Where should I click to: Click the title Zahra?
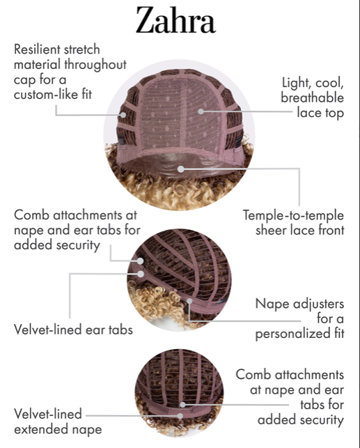(175, 20)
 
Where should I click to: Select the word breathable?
(313, 98)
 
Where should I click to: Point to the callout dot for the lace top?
(201, 111)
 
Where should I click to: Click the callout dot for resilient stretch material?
(123, 115)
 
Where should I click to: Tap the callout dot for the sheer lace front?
(180, 169)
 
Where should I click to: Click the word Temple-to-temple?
(293, 215)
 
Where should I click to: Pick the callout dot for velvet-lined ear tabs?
(141, 274)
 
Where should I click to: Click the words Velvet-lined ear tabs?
(73, 330)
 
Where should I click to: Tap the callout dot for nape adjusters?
(189, 301)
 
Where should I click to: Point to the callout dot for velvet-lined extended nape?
(180, 416)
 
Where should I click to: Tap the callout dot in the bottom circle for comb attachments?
(182, 405)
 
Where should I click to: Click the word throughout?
(95, 65)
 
